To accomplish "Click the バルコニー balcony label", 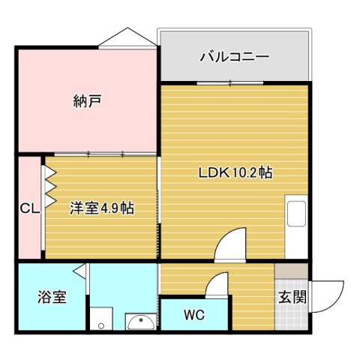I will coord(234,56).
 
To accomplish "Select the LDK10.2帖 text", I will coord(235,172).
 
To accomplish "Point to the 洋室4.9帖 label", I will coord(103,208).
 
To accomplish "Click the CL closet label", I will coord(29,208).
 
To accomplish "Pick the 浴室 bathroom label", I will coord(52,297).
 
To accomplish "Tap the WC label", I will coord(193,315).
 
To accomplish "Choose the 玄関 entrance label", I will coord(292,296).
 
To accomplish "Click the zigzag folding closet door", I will coord(50,187).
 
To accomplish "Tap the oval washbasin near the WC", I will coord(140,322).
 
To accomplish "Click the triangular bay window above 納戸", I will coord(127,38).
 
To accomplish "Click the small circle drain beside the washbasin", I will coord(100,325).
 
